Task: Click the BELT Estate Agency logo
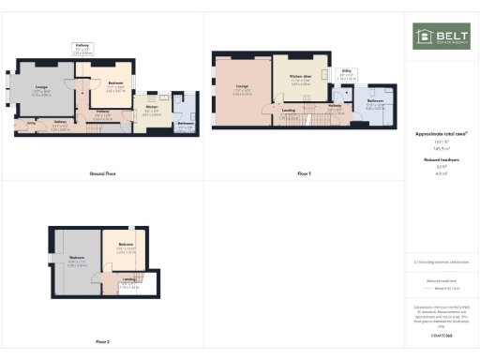tap(441, 37)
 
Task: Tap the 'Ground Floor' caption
tap(102, 174)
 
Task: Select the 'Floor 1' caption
tap(303, 174)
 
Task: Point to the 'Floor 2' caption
tap(102, 341)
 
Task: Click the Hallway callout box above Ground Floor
tap(82, 50)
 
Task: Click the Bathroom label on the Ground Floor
tap(186, 126)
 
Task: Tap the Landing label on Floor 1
tap(291, 114)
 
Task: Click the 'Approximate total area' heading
tap(440, 134)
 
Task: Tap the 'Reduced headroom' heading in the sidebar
tap(440, 160)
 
